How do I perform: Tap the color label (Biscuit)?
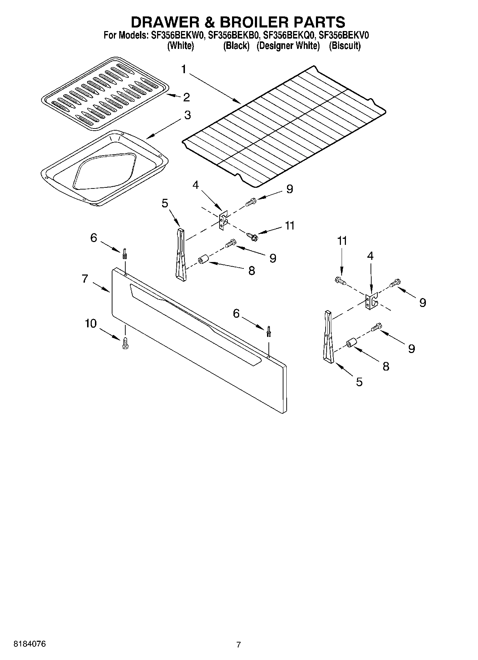coord(344,46)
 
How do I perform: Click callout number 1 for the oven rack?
coord(184,69)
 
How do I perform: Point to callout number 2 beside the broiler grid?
coord(186,97)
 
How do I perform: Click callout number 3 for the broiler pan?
coord(187,115)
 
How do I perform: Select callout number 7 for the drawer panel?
coord(85,278)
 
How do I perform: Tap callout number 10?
coord(91,324)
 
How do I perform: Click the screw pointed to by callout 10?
coord(125,343)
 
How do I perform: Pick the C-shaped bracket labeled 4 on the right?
coord(372,301)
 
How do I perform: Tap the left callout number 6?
coord(94,237)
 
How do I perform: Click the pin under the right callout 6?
coord(268,332)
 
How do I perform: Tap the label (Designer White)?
coord(288,46)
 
